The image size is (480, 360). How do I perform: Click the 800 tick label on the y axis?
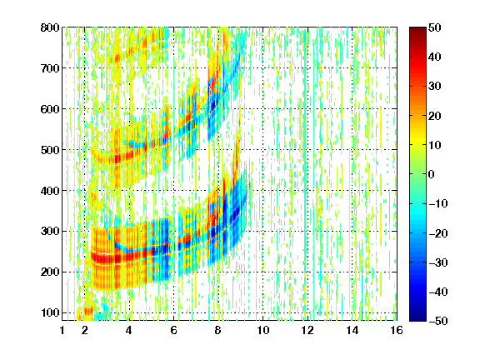pos(50,27)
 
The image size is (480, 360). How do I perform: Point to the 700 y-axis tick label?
pos(50,68)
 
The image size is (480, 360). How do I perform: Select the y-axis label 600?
pos(50,109)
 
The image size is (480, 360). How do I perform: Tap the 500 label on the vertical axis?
pos(50,150)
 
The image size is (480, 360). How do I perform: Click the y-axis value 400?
pos(50,190)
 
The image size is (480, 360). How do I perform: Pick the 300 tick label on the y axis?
pos(50,231)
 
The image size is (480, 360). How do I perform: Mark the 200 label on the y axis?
pos(50,272)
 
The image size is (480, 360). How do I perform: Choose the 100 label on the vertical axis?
pos(50,312)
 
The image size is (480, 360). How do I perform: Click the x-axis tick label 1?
pos(62,330)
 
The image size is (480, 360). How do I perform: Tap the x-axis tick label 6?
pos(173,330)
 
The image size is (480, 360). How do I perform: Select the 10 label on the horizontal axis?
pos(262,330)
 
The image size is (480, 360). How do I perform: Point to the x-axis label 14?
pos(352,330)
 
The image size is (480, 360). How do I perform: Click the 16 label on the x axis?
pos(397,330)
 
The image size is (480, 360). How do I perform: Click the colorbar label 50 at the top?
pos(434,27)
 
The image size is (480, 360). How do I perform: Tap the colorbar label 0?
pos(432,174)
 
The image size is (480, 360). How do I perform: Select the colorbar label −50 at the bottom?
pos(438,321)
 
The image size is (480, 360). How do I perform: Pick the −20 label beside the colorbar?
pos(438,233)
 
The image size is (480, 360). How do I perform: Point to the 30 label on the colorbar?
pos(434,86)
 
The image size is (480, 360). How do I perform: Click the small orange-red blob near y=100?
pos(88,311)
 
